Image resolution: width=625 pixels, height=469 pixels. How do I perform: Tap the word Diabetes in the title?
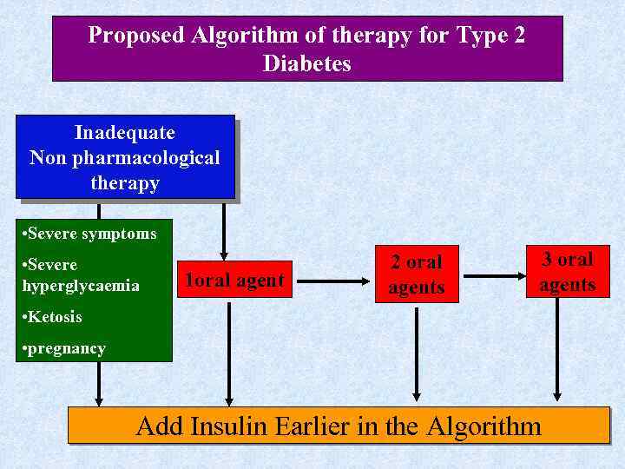[x=307, y=63]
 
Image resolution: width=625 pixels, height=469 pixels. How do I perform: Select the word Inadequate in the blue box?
[x=125, y=133]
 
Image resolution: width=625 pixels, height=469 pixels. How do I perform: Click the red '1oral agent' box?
[x=234, y=280]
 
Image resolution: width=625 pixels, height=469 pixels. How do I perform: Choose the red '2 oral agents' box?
[x=417, y=275]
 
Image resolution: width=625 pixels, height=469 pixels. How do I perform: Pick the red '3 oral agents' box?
[x=567, y=272]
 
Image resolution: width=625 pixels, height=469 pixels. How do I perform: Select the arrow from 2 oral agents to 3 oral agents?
[x=492, y=276]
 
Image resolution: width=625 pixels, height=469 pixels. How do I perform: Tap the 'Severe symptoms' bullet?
[x=92, y=234]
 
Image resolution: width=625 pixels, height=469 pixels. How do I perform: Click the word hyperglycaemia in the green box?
[x=83, y=286]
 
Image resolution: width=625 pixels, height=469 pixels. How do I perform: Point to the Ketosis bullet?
[x=55, y=317]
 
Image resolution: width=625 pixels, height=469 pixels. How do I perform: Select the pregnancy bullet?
[x=66, y=349]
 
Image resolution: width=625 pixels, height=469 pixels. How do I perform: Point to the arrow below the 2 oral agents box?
[x=417, y=352]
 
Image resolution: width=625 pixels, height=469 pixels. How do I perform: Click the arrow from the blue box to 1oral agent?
[x=225, y=230]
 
